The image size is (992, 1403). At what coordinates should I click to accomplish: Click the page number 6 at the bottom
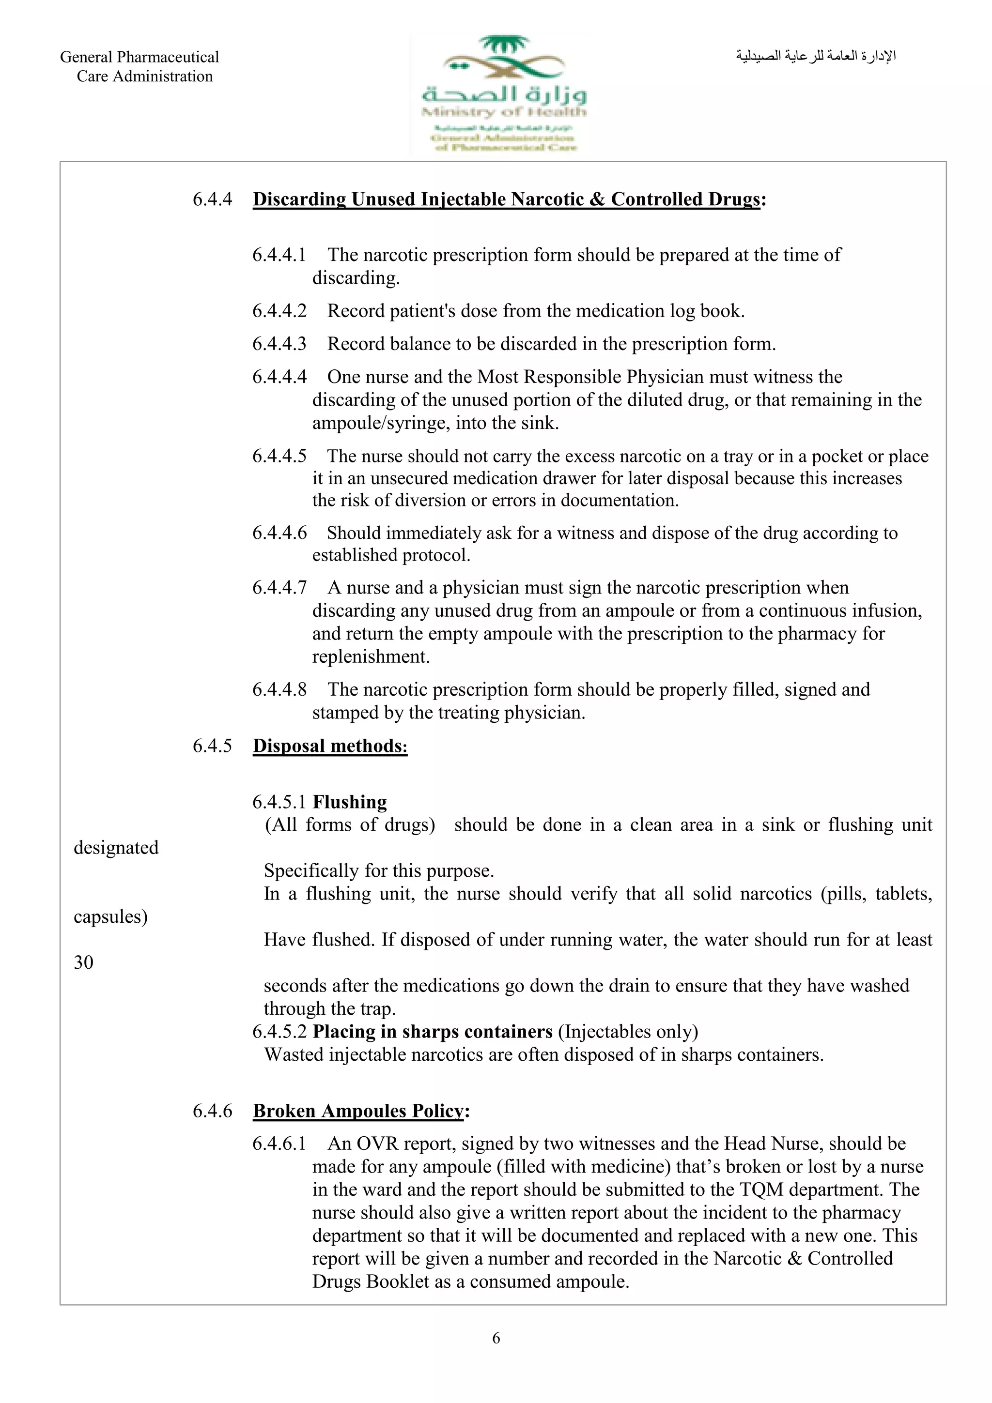tap(496, 1338)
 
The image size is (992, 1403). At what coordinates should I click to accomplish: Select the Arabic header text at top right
tap(816, 56)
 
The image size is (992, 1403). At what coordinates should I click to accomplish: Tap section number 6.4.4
tap(212, 199)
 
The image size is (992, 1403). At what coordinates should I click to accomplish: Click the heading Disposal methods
tap(329, 746)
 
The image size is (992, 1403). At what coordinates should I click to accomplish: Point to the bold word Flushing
tap(350, 802)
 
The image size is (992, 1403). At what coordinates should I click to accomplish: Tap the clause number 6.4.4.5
tap(279, 456)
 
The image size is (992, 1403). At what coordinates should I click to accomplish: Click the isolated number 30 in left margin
tap(84, 962)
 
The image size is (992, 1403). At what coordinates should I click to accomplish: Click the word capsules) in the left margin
tap(110, 916)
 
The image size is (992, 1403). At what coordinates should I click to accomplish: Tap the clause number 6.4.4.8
tap(279, 689)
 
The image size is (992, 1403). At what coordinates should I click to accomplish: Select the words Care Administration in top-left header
tap(145, 76)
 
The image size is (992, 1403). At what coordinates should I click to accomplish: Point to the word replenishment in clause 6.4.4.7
tap(371, 656)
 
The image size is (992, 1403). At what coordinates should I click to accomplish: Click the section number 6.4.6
tap(212, 1110)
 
